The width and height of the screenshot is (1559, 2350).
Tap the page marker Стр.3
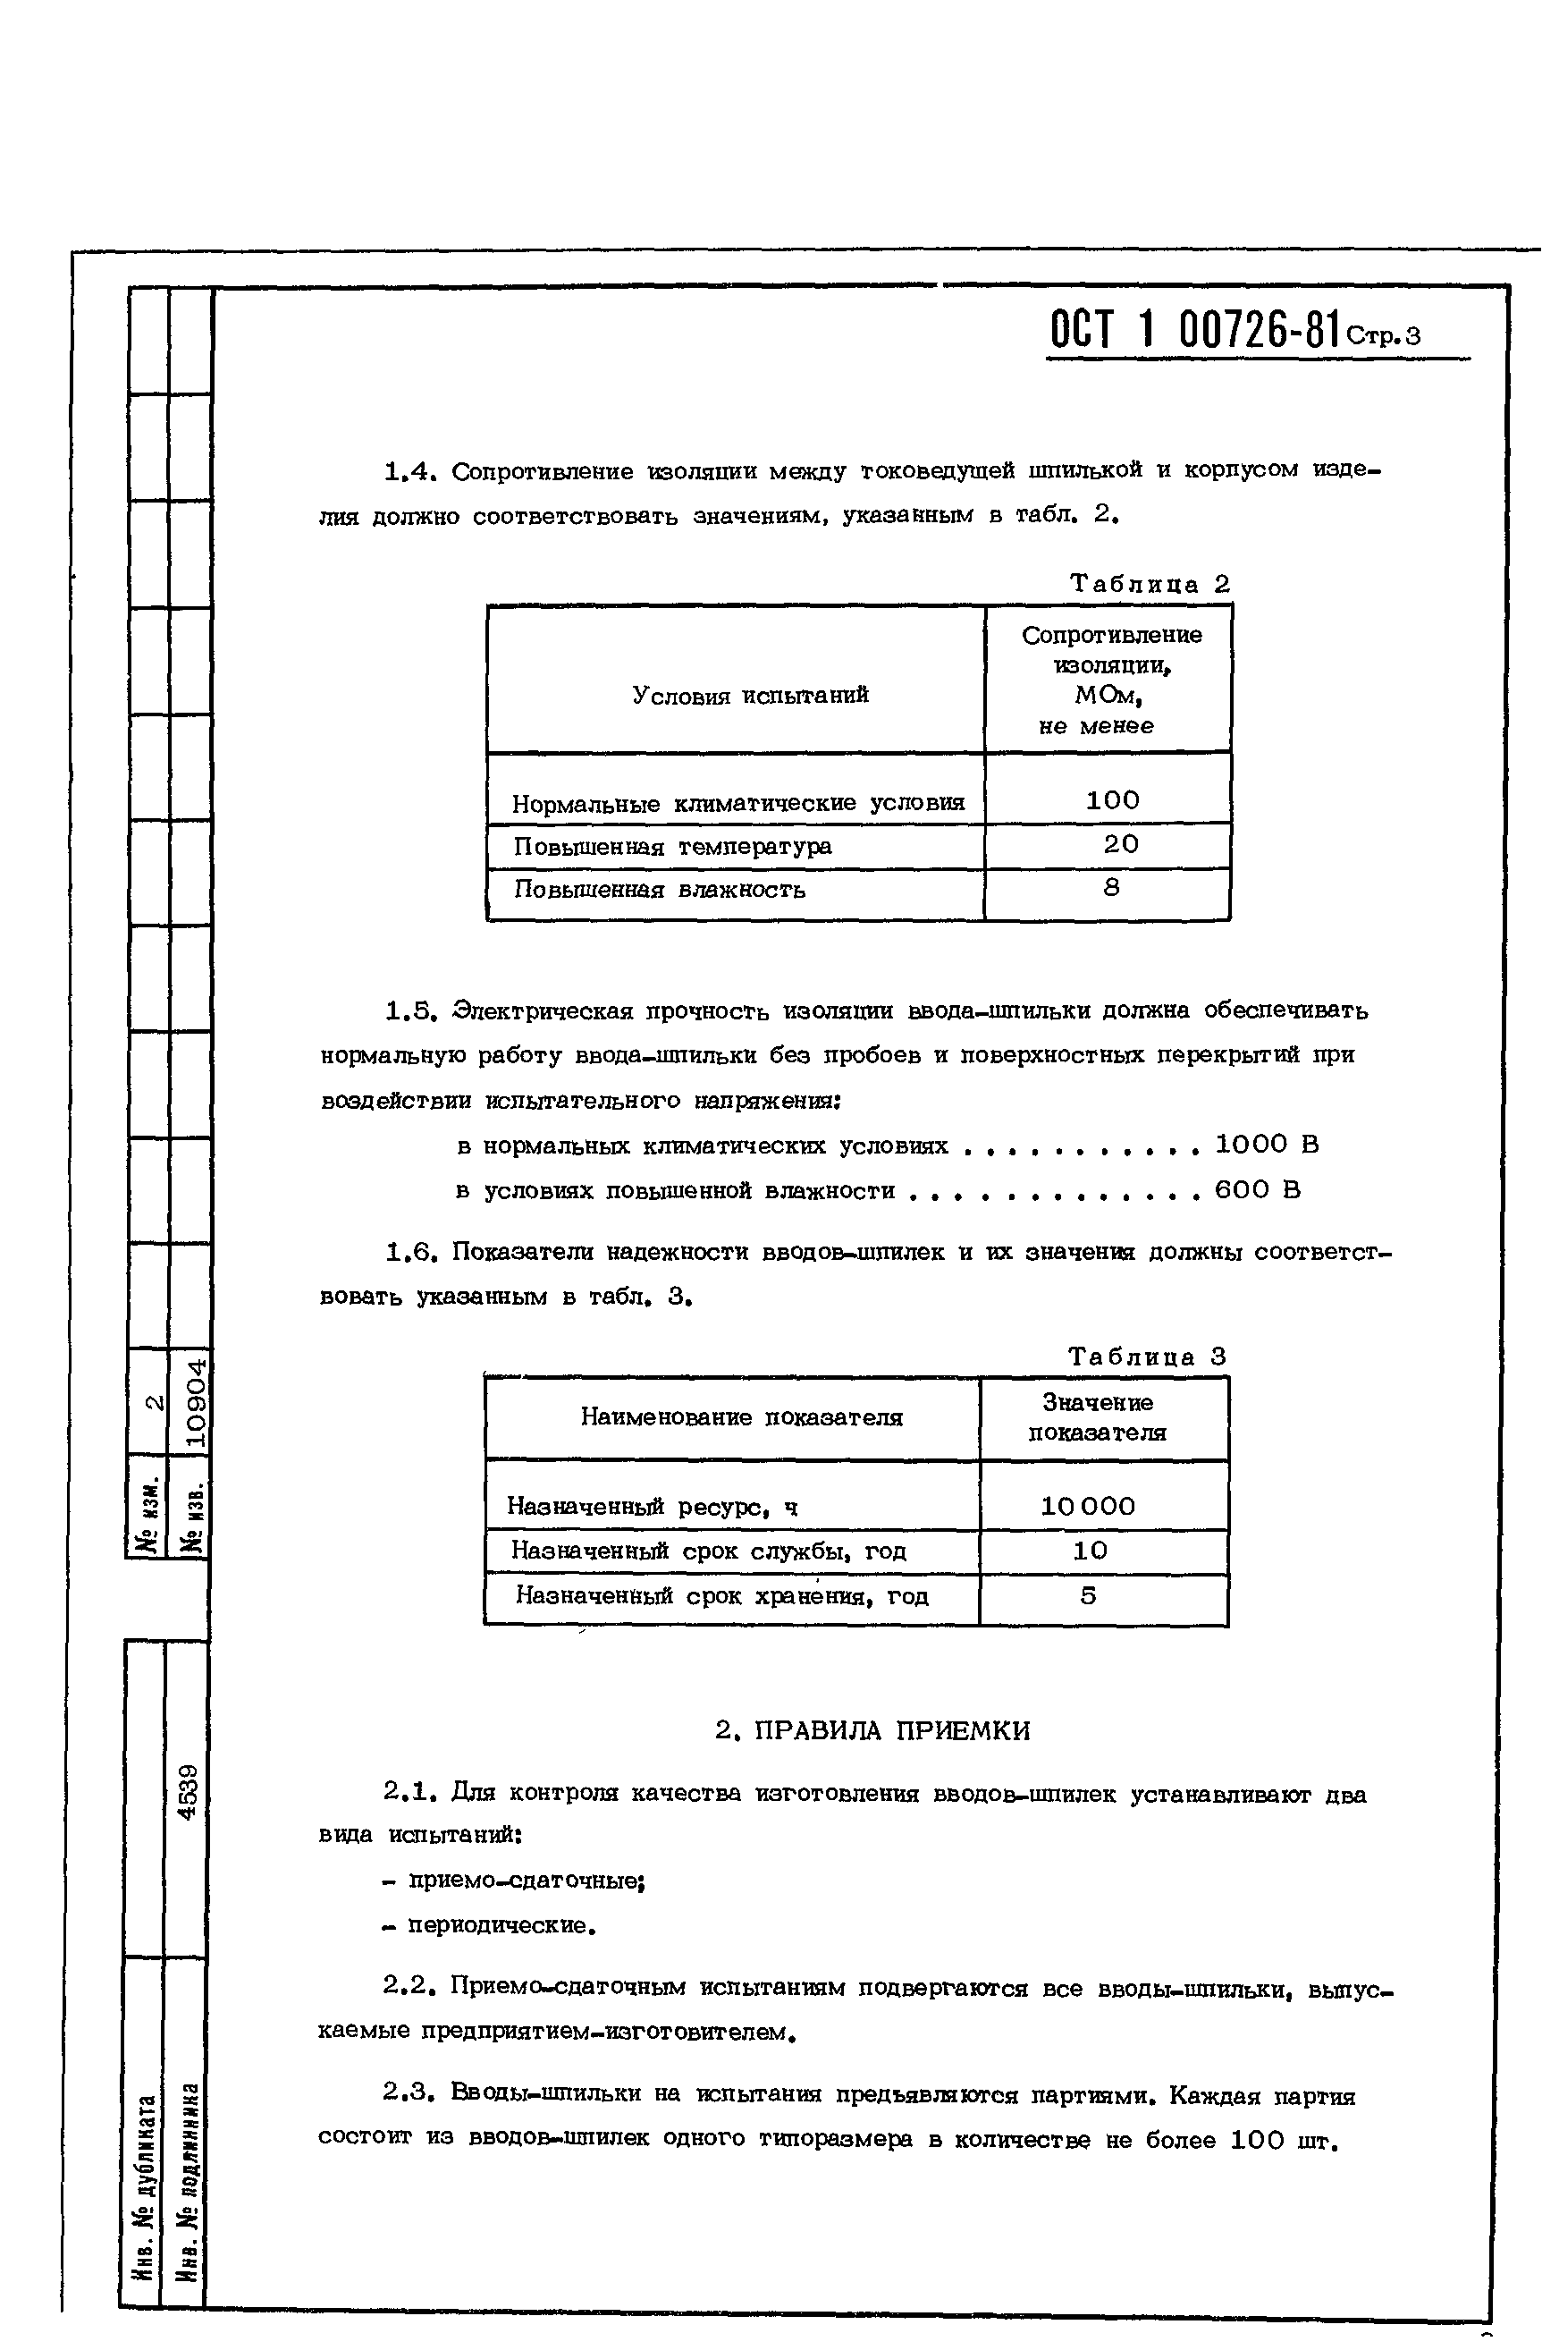coord(1384,336)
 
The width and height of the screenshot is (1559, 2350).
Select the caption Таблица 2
coord(1150,584)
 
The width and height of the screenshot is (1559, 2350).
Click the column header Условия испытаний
coord(751,695)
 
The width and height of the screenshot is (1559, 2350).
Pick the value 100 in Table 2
coord(1111,799)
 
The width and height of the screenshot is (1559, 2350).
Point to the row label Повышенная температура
coord(673,846)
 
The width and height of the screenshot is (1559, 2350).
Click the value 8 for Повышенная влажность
coord(1111,887)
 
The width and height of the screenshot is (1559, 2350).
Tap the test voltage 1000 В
coord(1267,1145)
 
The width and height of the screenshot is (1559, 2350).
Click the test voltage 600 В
coord(1258,1189)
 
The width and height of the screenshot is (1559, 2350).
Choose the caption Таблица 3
coord(1148,1357)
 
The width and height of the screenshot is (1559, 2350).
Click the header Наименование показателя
coord(742,1417)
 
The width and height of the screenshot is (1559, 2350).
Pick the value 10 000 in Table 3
coord(1088,1506)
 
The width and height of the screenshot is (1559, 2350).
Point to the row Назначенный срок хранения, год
coord(721,1596)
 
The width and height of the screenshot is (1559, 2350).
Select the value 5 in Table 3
coord(1089,1595)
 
